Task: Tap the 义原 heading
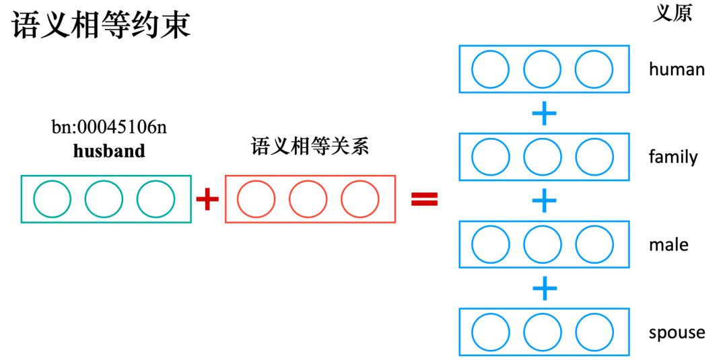[x=672, y=14]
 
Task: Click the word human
[x=677, y=69]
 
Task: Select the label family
[x=673, y=157]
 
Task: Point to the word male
[x=668, y=244]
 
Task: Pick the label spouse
[x=677, y=332]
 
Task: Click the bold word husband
[x=109, y=151]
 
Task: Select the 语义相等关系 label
[x=310, y=147]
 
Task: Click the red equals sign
[x=425, y=199]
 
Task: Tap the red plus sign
[x=207, y=199]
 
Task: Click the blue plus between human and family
[x=544, y=113]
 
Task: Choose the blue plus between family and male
[x=544, y=201]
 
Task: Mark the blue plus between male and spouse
[x=544, y=289]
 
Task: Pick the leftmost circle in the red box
[x=256, y=199]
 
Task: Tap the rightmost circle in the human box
[x=594, y=69]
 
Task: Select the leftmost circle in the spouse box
[x=491, y=332]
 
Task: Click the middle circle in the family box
[x=543, y=157]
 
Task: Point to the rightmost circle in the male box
[x=594, y=245]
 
